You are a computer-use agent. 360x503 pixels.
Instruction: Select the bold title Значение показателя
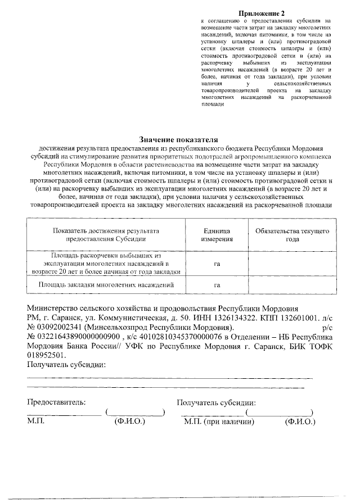(178, 139)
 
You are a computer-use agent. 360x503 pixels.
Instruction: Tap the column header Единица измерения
(217, 235)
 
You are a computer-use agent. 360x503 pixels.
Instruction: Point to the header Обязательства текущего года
(292, 235)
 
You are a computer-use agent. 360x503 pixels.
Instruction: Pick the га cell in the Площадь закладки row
(217, 285)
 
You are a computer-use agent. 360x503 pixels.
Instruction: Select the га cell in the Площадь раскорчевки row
(217, 263)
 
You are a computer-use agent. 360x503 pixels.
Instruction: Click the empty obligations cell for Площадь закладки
(292, 285)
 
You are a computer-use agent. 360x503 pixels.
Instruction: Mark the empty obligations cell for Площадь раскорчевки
(292, 263)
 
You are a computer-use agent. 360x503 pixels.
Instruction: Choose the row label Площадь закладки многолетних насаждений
(106, 285)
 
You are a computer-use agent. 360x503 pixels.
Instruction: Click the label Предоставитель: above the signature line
(56, 402)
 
